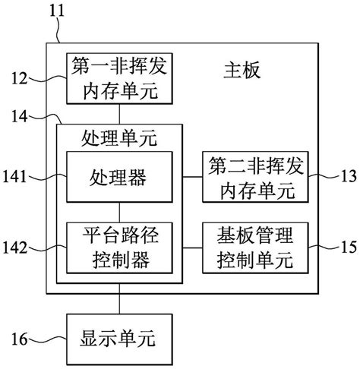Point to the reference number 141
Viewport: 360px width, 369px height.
[16, 177]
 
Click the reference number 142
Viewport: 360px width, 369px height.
[16, 248]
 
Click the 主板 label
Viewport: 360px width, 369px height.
[242, 72]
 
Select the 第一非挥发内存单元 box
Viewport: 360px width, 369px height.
[118, 80]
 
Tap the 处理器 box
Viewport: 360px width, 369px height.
[118, 178]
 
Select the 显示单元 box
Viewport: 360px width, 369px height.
[118, 334]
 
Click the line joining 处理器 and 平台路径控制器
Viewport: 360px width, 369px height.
[118, 211]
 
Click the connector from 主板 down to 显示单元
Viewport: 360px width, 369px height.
[118, 305]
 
